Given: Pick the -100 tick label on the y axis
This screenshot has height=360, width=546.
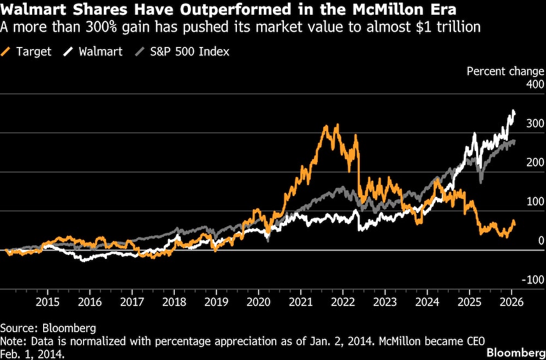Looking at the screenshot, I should [x=533, y=279].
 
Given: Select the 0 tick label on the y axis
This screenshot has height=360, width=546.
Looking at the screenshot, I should [x=541, y=240].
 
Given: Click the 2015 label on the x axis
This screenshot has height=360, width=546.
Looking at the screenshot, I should [x=48, y=302].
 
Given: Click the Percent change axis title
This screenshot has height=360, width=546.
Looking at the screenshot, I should [x=505, y=71].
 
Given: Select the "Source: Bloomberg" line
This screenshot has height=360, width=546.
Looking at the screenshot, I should [x=48, y=328].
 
